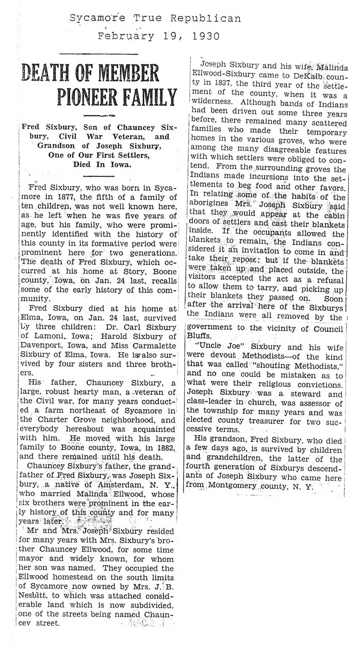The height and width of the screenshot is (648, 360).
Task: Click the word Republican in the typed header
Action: (x=206, y=18)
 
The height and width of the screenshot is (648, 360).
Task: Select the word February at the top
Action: (x=126, y=36)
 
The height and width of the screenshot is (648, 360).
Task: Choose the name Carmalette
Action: (x=156, y=345)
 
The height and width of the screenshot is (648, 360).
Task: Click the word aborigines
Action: (x=209, y=206)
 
